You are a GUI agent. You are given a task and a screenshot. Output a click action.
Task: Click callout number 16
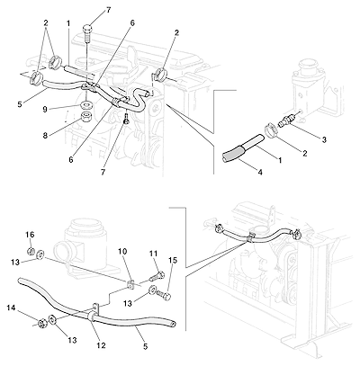(x=32, y=235)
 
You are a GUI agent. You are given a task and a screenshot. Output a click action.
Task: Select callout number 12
(x=101, y=345)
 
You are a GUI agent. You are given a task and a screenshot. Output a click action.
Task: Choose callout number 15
(x=173, y=261)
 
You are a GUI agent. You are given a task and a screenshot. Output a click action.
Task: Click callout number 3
(x=324, y=139)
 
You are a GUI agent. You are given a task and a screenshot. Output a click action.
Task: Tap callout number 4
(x=260, y=172)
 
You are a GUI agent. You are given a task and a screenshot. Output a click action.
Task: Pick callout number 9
(x=45, y=110)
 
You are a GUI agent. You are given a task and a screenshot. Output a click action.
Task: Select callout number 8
(x=45, y=136)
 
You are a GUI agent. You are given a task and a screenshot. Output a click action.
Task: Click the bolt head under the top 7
(x=86, y=30)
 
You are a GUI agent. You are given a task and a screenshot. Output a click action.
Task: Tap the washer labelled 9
(x=86, y=106)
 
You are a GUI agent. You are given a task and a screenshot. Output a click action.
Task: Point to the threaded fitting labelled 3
(x=284, y=122)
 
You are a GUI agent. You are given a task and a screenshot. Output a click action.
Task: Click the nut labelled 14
(x=40, y=323)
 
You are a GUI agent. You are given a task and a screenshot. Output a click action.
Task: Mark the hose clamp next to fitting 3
(x=271, y=131)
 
